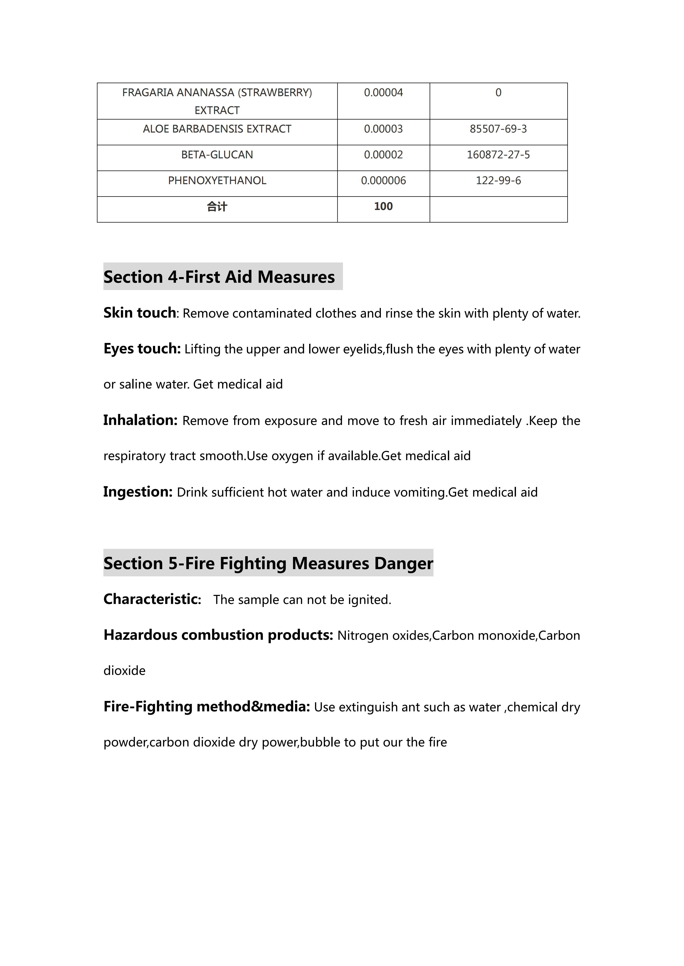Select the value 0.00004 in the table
tap(383, 93)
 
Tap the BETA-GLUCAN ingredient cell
tap(217, 155)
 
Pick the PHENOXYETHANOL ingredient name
tap(217, 181)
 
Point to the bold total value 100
tap(383, 207)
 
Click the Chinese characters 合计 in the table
tap(217, 207)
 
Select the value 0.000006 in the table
tap(383, 181)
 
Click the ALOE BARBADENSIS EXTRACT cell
tap(217, 129)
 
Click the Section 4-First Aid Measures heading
tap(219, 277)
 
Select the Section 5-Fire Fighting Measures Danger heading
tap(268, 563)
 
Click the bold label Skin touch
tap(139, 313)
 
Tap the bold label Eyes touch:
tap(142, 349)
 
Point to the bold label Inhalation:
tap(140, 420)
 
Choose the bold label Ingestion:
tap(138, 492)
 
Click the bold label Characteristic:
tap(152, 599)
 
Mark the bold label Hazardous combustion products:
tap(218, 635)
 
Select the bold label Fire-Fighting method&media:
tap(206, 706)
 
